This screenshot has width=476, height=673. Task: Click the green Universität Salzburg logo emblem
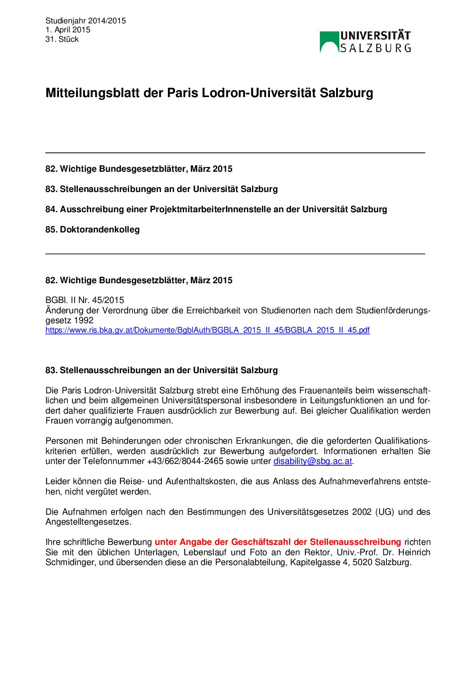tap(329, 41)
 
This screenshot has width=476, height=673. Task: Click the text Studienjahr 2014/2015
tap(85, 21)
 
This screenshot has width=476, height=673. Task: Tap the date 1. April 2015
tap(68, 30)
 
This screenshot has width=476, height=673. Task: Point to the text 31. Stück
tap(62, 39)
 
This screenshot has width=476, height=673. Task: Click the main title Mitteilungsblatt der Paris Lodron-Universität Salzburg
tap(209, 93)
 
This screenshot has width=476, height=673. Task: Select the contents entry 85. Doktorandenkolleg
tap(92, 229)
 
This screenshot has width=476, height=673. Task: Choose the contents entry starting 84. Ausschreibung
tap(216, 209)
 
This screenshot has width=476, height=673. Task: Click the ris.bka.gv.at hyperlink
tap(207, 330)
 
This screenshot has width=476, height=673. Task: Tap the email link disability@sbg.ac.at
tap(312, 461)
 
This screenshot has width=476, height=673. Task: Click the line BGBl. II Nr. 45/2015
tap(85, 300)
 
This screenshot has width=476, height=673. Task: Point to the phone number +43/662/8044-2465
tap(185, 461)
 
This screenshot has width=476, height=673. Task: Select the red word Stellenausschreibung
tap(355, 542)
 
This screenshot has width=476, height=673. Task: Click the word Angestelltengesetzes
tap(88, 522)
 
